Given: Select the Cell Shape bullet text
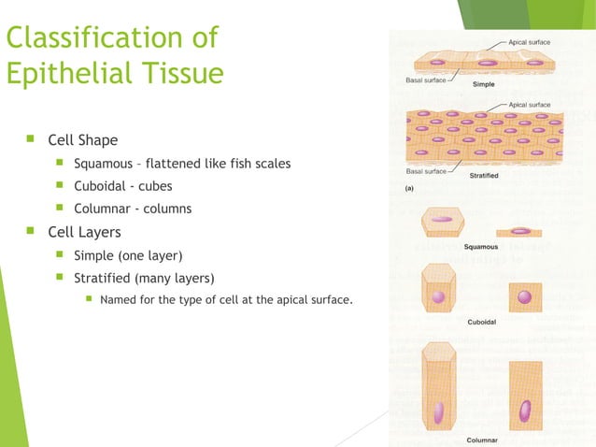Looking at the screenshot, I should pyautogui.click(x=83, y=140).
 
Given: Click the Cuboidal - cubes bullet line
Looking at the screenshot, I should pyautogui.click(x=122, y=186).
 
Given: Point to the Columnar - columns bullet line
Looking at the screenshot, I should pyautogui.click(x=132, y=209).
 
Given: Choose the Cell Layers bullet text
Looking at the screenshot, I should pyautogui.click(x=84, y=231).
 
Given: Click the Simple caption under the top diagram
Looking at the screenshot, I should pyautogui.click(x=484, y=84).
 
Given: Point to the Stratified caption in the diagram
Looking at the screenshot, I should pyautogui.click(x=483, y=176).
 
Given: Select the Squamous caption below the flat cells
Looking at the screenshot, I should pyautogui.click(x=481, y=247).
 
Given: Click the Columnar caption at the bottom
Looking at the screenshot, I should pyautogui.click(x=481, y=440).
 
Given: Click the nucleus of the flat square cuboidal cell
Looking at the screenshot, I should pyautogui.click(x=525, y=297).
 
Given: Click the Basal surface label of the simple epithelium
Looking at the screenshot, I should pyautogui.click(x=425, y=80).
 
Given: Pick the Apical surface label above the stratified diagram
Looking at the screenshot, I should pyautogui.click(x=530, y=105).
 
